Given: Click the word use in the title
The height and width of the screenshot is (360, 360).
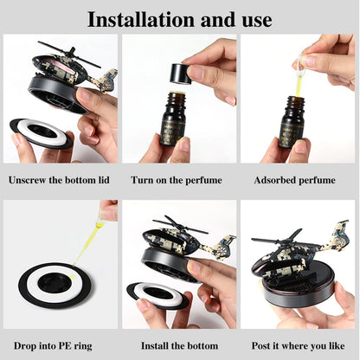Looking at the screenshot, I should pos(250,18).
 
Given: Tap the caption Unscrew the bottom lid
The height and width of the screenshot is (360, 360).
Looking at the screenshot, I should pos(60,181).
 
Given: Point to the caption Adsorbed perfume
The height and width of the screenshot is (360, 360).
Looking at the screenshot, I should pos(297,181).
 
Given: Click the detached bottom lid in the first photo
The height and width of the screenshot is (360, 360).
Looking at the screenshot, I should pos(42,133).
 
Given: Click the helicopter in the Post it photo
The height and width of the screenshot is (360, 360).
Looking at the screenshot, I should pos(294,251).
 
